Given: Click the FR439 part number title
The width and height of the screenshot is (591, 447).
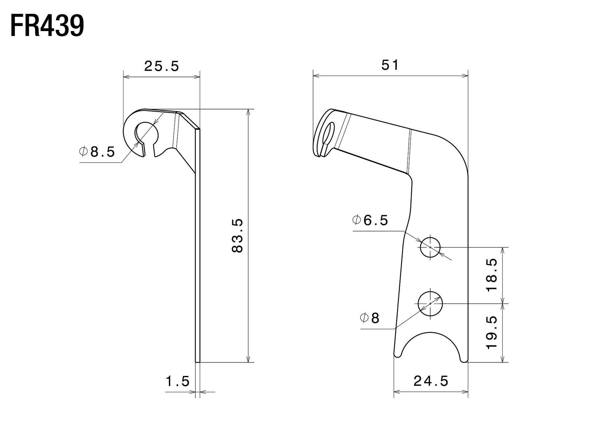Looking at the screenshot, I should (47, 26).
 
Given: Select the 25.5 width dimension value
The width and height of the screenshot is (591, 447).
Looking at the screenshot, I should (162, 66).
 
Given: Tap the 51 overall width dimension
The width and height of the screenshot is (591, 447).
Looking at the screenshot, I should (390, 65).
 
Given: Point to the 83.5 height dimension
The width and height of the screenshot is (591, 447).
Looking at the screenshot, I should (238, 235).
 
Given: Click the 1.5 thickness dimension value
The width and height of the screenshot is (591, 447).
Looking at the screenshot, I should (178, 382).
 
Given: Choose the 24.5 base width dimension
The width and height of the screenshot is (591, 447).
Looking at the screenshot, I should (431, 381).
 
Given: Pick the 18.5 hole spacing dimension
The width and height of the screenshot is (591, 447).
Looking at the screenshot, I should (492, 275).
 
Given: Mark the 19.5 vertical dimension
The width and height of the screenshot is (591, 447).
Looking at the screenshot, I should (492, 332).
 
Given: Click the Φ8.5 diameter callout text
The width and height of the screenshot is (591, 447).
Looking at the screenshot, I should (97, 152).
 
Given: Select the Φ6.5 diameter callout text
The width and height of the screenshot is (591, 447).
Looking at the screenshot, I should (370, 221).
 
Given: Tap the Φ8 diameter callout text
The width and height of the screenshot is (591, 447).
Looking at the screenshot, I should (370, 318).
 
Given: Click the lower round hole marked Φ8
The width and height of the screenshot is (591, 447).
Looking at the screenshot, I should (430, 304).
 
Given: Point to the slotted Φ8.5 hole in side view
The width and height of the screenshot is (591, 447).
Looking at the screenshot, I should (146, 132).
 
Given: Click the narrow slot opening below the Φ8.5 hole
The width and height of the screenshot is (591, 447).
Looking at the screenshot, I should (149, 149).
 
